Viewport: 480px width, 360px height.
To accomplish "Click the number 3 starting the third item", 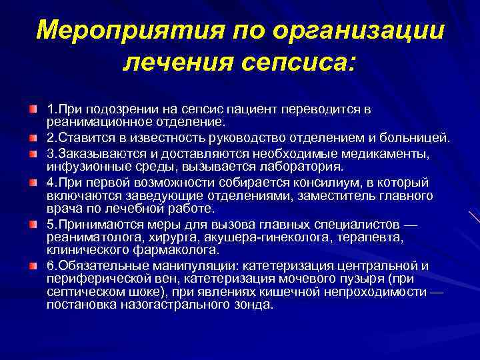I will click(x=50, y=153).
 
